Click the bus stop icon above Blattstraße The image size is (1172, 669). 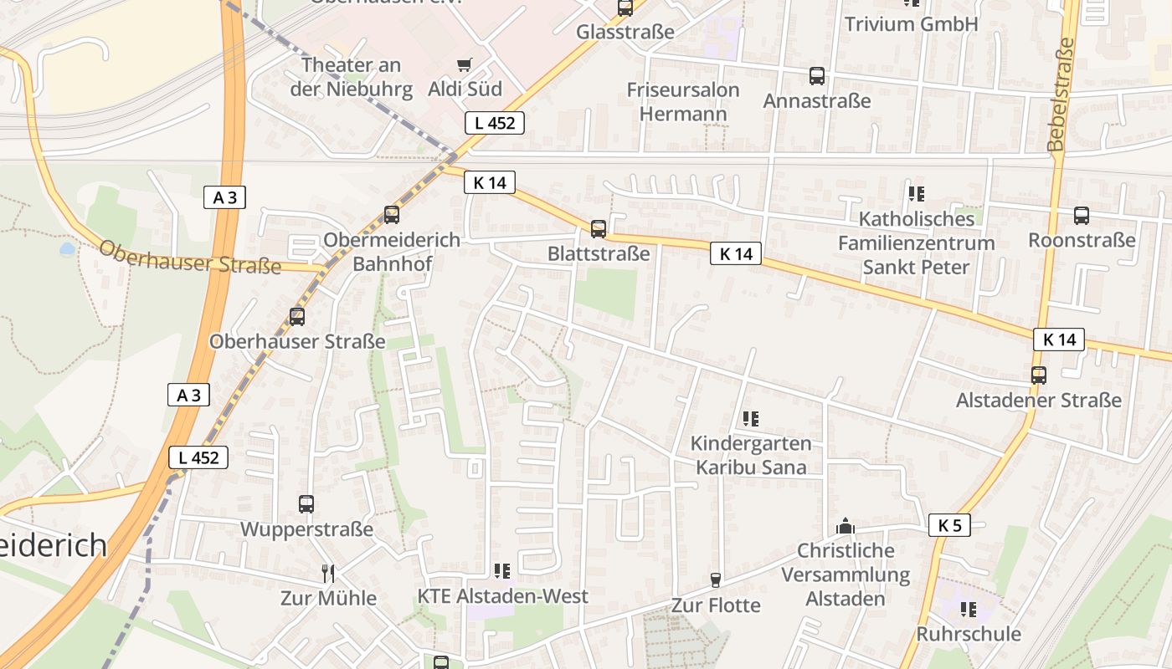[x=598, y=228]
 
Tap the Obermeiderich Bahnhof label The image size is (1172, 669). [x=392, y=252]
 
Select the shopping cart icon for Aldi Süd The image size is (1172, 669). [x=465, y=64]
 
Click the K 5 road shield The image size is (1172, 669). [x=949, y=525]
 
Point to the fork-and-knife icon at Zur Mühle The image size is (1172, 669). [x=328, y=573]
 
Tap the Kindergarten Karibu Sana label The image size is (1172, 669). [x=751, y=455]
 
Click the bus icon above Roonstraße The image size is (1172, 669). [x=1082, y=216]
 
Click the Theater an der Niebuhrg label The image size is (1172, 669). [x=352, y=77]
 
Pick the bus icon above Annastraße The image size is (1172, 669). [x=817, y=76]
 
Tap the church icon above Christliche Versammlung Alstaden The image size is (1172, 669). [x=846, y=527]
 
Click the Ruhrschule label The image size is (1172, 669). [x=969, y=633]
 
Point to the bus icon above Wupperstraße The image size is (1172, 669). [x=306, y=504]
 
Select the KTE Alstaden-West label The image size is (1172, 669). [x=503, y=596]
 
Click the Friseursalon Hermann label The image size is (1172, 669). [x=683, y=101]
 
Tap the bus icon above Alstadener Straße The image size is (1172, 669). [x=1039, y=375]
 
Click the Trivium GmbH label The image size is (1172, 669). [x=911, y=23]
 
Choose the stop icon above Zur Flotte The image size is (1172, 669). [x=716, y=580]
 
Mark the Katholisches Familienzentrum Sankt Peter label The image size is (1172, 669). [x=916, y=243]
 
